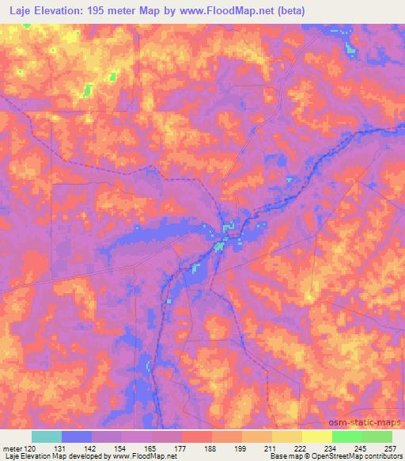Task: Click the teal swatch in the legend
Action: [47, 436]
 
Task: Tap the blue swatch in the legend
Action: [77, 436]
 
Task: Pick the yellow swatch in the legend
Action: [316, 436]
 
